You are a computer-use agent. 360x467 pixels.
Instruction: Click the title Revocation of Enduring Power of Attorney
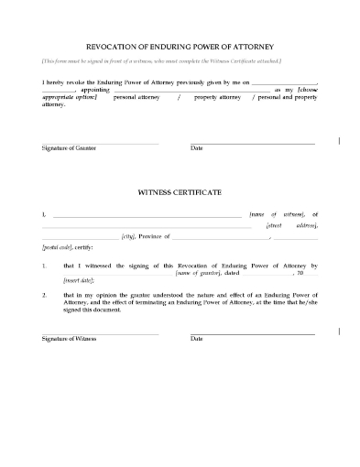click(180, 44)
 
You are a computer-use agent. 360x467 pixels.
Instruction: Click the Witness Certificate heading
click(180, 194)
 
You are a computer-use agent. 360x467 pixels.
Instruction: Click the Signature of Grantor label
click(69, 148)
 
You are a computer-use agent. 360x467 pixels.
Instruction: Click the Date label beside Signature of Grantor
click(196, 148)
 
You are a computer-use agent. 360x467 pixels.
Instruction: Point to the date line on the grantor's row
click(252, 142)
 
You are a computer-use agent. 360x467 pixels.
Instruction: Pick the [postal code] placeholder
click(58, 248)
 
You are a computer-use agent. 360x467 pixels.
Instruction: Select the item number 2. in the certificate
click(45, 297)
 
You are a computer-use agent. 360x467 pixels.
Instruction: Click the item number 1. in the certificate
click(45, 266)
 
